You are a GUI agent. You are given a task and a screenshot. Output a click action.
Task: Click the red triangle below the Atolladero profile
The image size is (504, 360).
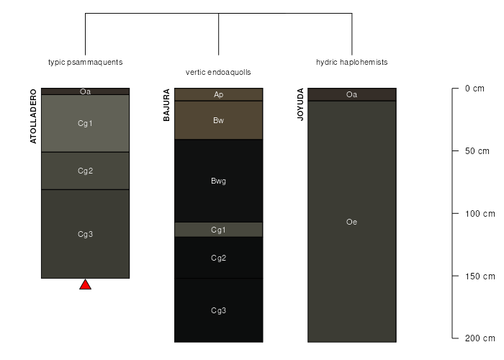[85, 285]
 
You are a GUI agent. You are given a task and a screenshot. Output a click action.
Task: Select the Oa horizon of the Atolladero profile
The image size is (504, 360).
[85, 91]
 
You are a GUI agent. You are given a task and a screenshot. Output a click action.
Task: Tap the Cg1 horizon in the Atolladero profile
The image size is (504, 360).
[85, 123]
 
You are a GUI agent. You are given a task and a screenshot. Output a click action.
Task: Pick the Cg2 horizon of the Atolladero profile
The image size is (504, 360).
[85, 171]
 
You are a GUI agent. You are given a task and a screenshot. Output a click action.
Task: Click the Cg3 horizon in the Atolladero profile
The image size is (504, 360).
[85, 234]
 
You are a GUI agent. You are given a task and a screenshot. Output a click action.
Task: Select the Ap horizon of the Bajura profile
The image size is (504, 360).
[219, 94]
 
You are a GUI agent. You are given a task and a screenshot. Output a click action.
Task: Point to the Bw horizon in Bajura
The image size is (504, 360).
[219, 120]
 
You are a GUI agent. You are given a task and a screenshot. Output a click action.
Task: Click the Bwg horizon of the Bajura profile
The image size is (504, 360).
[219, 181]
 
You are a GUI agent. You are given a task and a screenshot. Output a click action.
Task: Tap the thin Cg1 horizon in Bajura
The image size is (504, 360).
[219, 230]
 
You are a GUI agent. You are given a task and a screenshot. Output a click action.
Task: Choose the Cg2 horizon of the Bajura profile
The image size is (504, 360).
[219, 258]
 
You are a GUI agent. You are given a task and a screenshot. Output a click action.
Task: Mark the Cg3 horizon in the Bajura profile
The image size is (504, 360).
[219, 310]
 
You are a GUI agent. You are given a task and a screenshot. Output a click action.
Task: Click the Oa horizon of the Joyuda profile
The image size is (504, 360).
[352, 94]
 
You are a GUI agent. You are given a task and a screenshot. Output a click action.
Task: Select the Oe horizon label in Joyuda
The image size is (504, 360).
[351, 222]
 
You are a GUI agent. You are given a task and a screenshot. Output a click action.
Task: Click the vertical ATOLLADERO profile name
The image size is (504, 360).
[33, 117]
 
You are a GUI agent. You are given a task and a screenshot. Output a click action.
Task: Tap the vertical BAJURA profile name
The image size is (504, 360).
[166, 105]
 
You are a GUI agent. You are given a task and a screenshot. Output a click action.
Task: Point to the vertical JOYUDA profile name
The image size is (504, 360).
[300, 104]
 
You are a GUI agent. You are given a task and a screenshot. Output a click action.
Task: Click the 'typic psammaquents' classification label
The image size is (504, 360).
[86, 62]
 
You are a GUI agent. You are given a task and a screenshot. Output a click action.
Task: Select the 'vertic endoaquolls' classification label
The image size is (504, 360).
[218, 72]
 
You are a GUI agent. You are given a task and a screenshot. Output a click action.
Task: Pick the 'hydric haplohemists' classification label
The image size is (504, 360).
[352, 62]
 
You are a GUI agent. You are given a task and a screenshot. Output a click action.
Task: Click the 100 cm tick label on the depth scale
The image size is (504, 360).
[480, 213]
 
